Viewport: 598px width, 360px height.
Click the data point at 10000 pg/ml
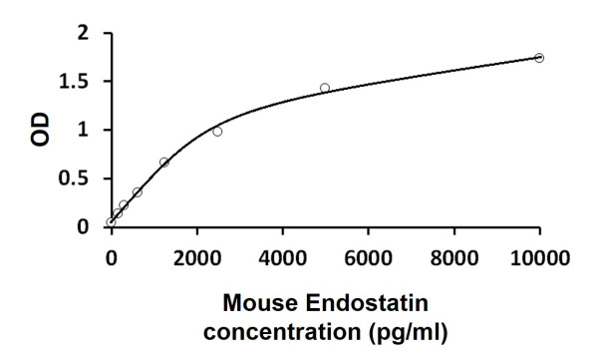pos(539,58)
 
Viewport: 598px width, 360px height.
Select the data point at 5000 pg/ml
pos(325,88)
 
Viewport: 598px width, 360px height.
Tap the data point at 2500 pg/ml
pos(217,131)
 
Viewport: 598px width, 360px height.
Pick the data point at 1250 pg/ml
pos(164,162)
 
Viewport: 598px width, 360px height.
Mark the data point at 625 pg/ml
pos(138,191)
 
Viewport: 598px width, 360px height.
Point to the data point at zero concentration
pos(111,222)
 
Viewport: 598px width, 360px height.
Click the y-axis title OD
pos(40,130)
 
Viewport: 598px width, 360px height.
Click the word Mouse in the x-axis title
pos(255,302)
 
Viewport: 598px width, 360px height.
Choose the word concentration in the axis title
pos(283,328)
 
